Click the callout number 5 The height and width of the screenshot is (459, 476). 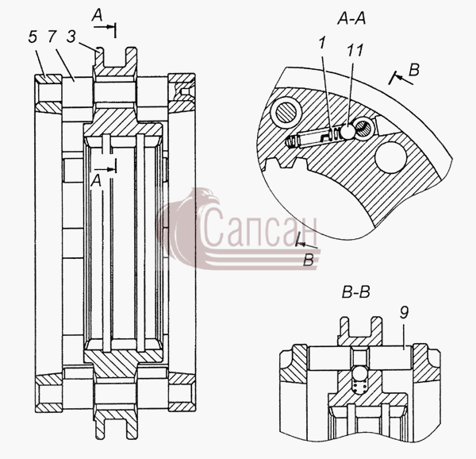(x=33, y=37)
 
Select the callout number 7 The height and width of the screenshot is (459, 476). (x=52, y=37)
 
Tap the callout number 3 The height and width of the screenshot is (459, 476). (x=71, y=37)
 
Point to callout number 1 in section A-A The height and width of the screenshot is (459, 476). (x=322, y=43)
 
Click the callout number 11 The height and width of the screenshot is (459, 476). (x=355, y=50)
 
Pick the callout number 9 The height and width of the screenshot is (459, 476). (x=404, y=312)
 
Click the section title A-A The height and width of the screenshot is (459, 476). (x=351, y=19)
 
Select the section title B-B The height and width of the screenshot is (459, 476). (x=355, y=293)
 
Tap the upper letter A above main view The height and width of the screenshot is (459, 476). (x=97, y=15)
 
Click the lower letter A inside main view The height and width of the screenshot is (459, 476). (x=96, y=181)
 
